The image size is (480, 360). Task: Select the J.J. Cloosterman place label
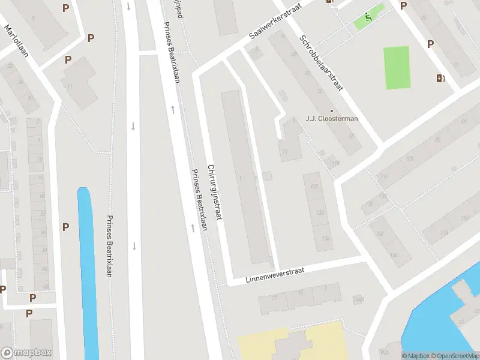pyautogui.click(x=332, y=118)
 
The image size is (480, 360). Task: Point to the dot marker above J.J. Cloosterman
pyautogui.click(x=331, y=110)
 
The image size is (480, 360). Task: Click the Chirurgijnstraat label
pyautogui.click(x=215, y=192)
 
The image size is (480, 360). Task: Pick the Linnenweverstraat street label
pyautogui.click(x=275, y=276)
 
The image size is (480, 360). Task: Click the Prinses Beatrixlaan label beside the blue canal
pyautogui.click(x=110, y=246)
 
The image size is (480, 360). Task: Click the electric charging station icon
pyautogui.click(x=441, y=77)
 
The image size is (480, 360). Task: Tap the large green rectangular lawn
pyautogui.click(x=397, y=67)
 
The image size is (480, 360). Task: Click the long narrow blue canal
pyautogui.click(x=88, y=270)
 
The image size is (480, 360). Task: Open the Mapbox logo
pyautogui.click(x=26, y=353)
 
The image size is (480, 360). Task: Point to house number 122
pyautogui.click(x=313, y=186)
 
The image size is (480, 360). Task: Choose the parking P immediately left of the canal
pyautogui.click(x=65, y=227)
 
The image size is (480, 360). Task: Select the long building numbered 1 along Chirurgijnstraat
pyautogui.click(x=246, y=177)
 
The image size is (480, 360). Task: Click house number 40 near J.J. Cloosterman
pyautogui.click(x=350, y=136)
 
